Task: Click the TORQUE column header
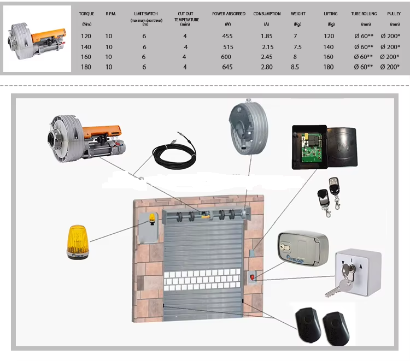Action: pos(86,14)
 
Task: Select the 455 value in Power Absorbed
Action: pos(228,37)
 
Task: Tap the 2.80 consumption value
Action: pos(267,67)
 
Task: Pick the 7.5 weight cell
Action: pos(297,47)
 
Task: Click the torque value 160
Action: pos(86,57)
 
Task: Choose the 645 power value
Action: pos(228,67)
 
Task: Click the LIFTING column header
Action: pos(330,14)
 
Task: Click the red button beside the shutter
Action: pos(252,277)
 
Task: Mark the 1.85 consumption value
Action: pos(267,37)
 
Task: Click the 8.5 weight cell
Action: pos(295,67)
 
